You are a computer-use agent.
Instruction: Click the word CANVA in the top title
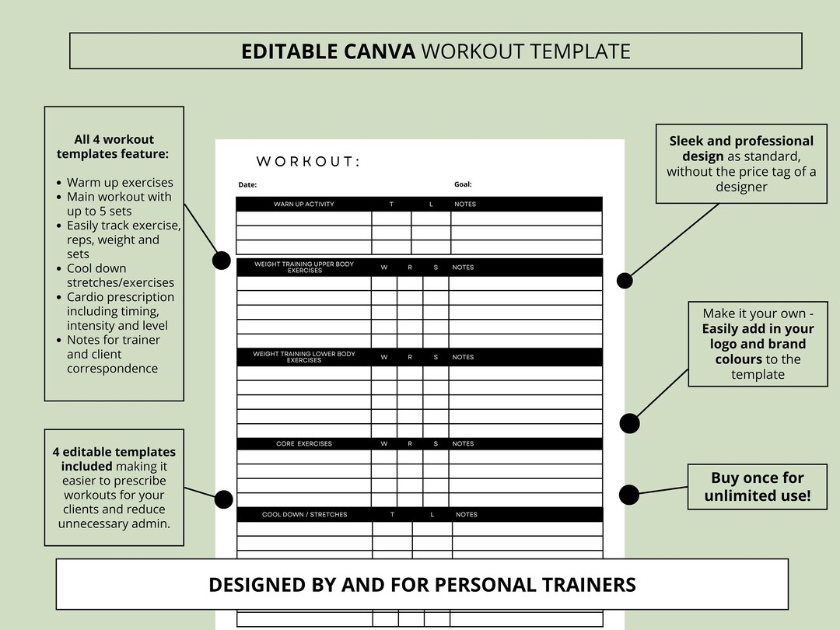pyautogui.click(x=380, y=51)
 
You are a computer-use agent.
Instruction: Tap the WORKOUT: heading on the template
pyautogui.click(x=308, y=162)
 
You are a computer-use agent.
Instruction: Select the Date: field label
pyautogui.click(x=247, y=185)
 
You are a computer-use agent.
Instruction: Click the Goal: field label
pyautogui.click(x=463, y=184)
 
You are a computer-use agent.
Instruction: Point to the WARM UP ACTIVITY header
pyautogui.click(x=303, y=205)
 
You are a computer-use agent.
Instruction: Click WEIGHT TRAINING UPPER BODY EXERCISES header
pyautogui.click(x=303, y=268)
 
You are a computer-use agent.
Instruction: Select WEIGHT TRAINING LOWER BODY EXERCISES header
pyautogui.click(x=303, y=357)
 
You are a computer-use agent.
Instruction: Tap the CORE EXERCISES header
pyautogui.click(x=303, y=444)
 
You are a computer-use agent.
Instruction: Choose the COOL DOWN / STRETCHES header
pyautogui.click(x=304, y=515)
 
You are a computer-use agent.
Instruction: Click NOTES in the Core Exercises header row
pyautogui.click(x=463, y=444)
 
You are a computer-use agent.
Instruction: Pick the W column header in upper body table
pyautogui.click(x=383, y=268)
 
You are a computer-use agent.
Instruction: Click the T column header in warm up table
pyautogui.click(x=391, y=205)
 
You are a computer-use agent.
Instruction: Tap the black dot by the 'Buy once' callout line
pyautogui.click(x=629, y=494)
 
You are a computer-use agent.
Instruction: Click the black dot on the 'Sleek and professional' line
pyautogui.click(x=625, y=280)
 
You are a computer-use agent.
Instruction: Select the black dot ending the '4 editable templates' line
pyautogui.click(x=223, y=499)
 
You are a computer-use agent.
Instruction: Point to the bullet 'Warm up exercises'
pyautogui.click(x=120, y=183)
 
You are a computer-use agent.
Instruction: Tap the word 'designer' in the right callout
pyautogui.click(x=741, y=187)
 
